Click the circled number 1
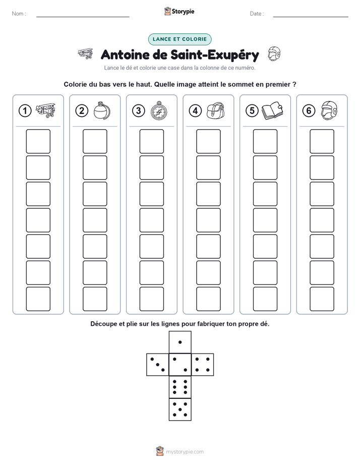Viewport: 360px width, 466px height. point(25,111)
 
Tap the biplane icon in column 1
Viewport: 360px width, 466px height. point(45,110)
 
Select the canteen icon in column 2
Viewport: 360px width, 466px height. point(102,110)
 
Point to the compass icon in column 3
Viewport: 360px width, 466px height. point(159,110)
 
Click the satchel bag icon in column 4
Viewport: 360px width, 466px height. point(216,111)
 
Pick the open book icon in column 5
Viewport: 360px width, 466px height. point(272,111)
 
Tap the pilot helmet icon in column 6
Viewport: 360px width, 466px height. point(329,110)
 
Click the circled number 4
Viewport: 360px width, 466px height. point(195,111)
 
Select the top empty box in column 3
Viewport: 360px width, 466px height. point(151,141)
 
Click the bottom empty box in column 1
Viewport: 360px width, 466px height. point(38,299)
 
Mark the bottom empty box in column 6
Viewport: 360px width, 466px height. point(322,299)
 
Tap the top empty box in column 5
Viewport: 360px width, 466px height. point(265,141)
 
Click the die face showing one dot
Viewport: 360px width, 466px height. point(180,342)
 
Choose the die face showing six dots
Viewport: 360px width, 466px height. point(180,387)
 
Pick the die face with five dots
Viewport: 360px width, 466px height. point(180,410)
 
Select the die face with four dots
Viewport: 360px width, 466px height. point(203,365)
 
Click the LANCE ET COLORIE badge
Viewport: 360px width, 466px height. point(179,39)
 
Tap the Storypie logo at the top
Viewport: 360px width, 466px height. point(179,11)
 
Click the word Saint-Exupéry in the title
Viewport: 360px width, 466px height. point(215,55)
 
